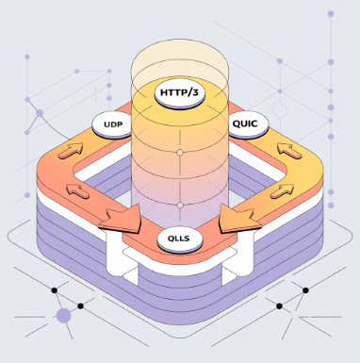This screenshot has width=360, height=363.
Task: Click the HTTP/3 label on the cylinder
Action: pyautogui.click(x=179, y=94)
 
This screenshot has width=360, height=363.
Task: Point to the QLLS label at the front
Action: pyautogui.click(x=177, y=239)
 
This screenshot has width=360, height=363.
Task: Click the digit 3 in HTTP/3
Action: pyautogui.click(x=196, y=94)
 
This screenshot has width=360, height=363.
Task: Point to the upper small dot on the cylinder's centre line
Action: pyautogui.click(x=179, y=152)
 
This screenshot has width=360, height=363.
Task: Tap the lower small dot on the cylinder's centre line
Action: pyautogui.click(x=179, y=202)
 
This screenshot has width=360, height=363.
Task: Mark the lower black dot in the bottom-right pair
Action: pyautogui.click(x=282, y=305)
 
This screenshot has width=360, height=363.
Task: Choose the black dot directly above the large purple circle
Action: pyautogui.click(x=55, y=289)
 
